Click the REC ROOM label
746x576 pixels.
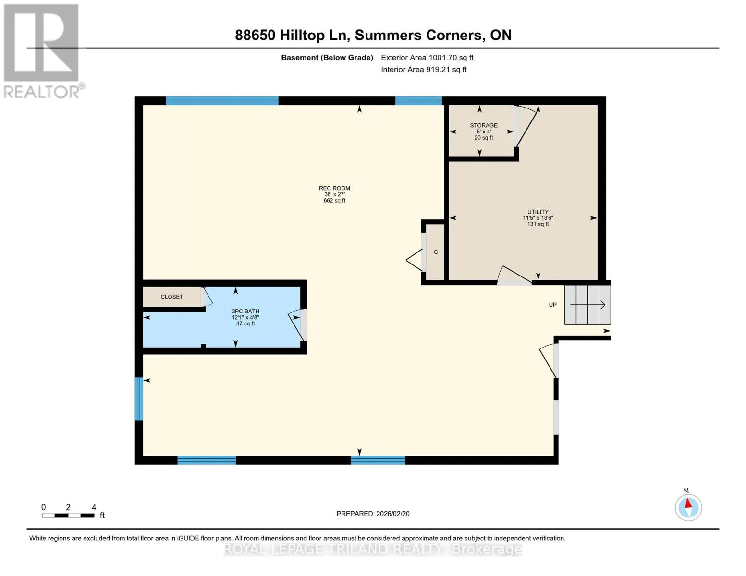coord(334,188)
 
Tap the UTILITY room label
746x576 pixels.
coord(538,212)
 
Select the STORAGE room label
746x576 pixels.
coord(483,125)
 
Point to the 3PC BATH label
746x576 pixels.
coord(245,311)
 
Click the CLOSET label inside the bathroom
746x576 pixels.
coord(171,297)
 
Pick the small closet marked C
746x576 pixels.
coord(435,252)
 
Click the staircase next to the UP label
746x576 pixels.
coord(587,305)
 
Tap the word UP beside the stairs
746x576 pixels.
coord(552,305)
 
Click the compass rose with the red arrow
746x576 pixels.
coord(688,507)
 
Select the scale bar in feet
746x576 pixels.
coord(68,515)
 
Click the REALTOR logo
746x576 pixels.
coord(43,51)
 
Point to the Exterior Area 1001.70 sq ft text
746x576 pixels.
coord(427,58)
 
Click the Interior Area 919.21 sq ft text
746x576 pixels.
coord(424,70)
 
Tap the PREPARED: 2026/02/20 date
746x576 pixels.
coord(373,514)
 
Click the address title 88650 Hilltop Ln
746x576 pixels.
coord(292,36)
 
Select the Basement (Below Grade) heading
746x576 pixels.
coord(327,58)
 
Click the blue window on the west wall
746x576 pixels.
coord(138,398)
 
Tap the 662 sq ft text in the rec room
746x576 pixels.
coord(334,200)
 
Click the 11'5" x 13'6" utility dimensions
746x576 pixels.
coord(538,218)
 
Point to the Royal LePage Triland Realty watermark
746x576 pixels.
coord(373,549)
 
